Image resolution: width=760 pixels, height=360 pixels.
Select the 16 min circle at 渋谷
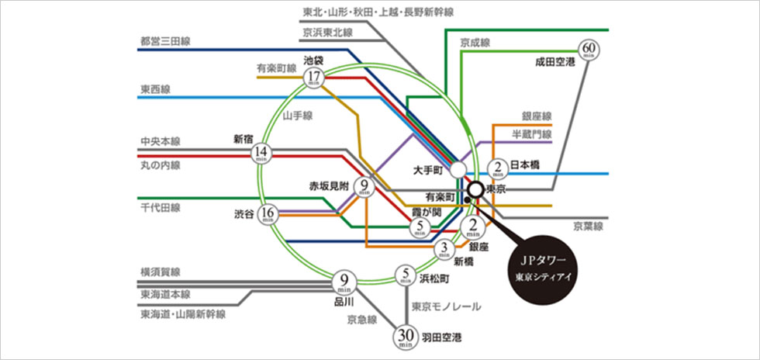268,213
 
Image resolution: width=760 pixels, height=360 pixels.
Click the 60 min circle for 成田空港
587,51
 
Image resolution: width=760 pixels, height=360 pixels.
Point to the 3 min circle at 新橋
444,249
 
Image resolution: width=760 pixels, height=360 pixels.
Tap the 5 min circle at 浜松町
406,275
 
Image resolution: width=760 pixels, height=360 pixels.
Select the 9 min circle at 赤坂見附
364,188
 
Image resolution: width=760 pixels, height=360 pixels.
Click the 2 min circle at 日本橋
497,168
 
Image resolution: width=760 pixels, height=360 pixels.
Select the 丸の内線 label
160,165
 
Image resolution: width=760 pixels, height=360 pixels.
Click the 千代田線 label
160,208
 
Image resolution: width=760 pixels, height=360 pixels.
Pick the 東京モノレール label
446,306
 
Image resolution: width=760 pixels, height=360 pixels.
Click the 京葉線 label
589,227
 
